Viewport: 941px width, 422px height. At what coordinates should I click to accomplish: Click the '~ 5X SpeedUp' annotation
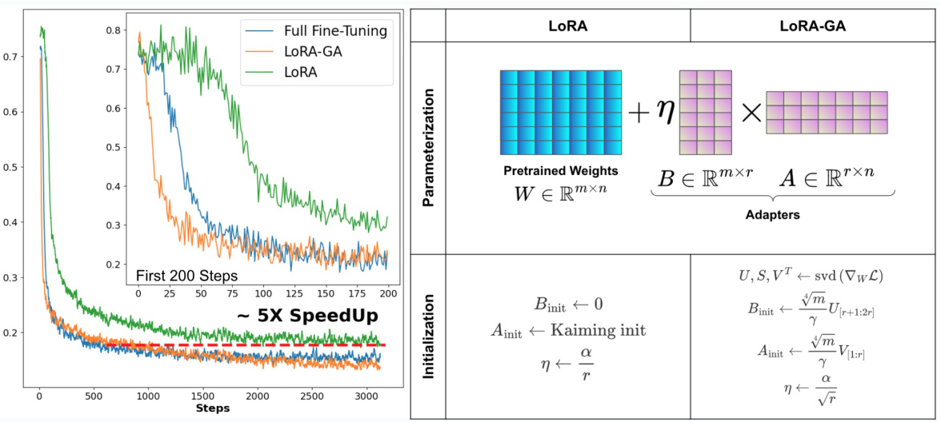click(307, 316)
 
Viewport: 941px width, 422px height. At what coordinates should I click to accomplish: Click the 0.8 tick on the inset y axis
click(118, 30)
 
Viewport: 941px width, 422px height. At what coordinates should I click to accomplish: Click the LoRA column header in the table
click(567, 26)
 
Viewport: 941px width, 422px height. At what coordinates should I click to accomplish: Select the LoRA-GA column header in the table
click(813, 26)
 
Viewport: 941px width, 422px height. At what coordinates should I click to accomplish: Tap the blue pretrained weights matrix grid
click(560, 113)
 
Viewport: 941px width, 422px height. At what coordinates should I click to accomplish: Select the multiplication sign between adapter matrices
click(751, 113)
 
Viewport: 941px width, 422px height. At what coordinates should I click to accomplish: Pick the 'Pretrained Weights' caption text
click(560, 171)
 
